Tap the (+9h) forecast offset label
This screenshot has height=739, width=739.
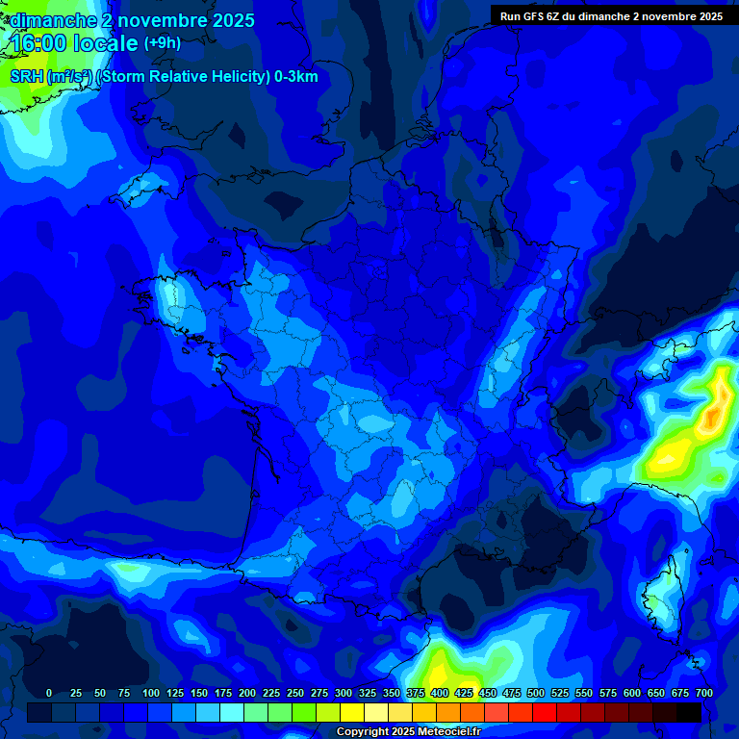tap(162, 43)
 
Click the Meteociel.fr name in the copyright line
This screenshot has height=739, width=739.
tap(443, 732)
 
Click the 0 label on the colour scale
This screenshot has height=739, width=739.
tap(49, 693)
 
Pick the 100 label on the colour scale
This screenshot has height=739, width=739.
tap(151, 693)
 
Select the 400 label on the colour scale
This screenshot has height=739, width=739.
tap(440, 693)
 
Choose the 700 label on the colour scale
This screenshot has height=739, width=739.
tap(703, 693)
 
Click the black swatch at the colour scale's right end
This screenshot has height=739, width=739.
tap(689, 712)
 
